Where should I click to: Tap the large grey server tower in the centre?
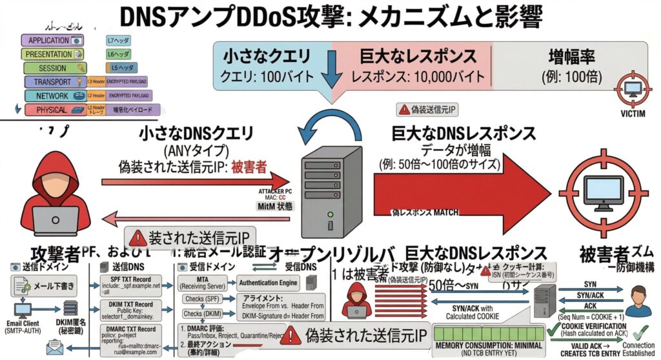[x=330, y=194]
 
